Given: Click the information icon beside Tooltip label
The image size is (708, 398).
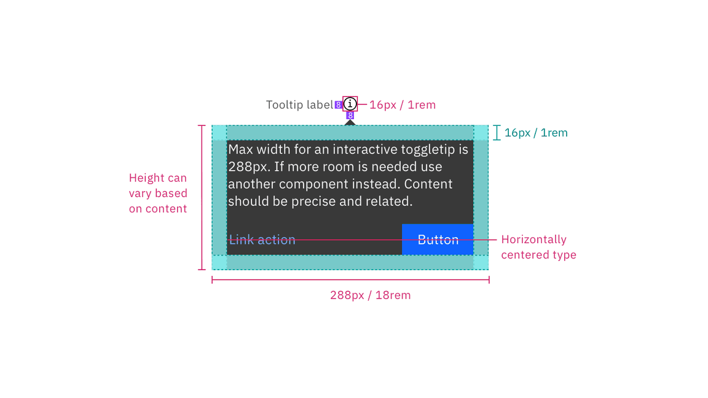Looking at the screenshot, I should point(350,104).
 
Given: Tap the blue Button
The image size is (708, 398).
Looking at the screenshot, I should point(438,240).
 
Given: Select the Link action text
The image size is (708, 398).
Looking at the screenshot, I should point(262,240).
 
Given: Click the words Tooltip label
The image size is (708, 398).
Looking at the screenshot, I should point(299,105).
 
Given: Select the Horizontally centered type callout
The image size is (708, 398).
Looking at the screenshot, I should point(538,247).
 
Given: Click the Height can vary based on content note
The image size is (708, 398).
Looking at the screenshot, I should point(158,193).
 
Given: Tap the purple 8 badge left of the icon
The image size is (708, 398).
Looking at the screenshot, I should point(338,105).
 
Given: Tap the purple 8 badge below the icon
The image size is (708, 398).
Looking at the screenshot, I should point(350,115).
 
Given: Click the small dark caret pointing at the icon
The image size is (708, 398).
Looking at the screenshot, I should point(350,123).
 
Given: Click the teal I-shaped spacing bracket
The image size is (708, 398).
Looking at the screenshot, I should point(497,133).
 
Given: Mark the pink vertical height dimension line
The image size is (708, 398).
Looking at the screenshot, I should point(202,197).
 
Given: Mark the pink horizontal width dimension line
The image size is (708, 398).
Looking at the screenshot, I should point(350,280).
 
